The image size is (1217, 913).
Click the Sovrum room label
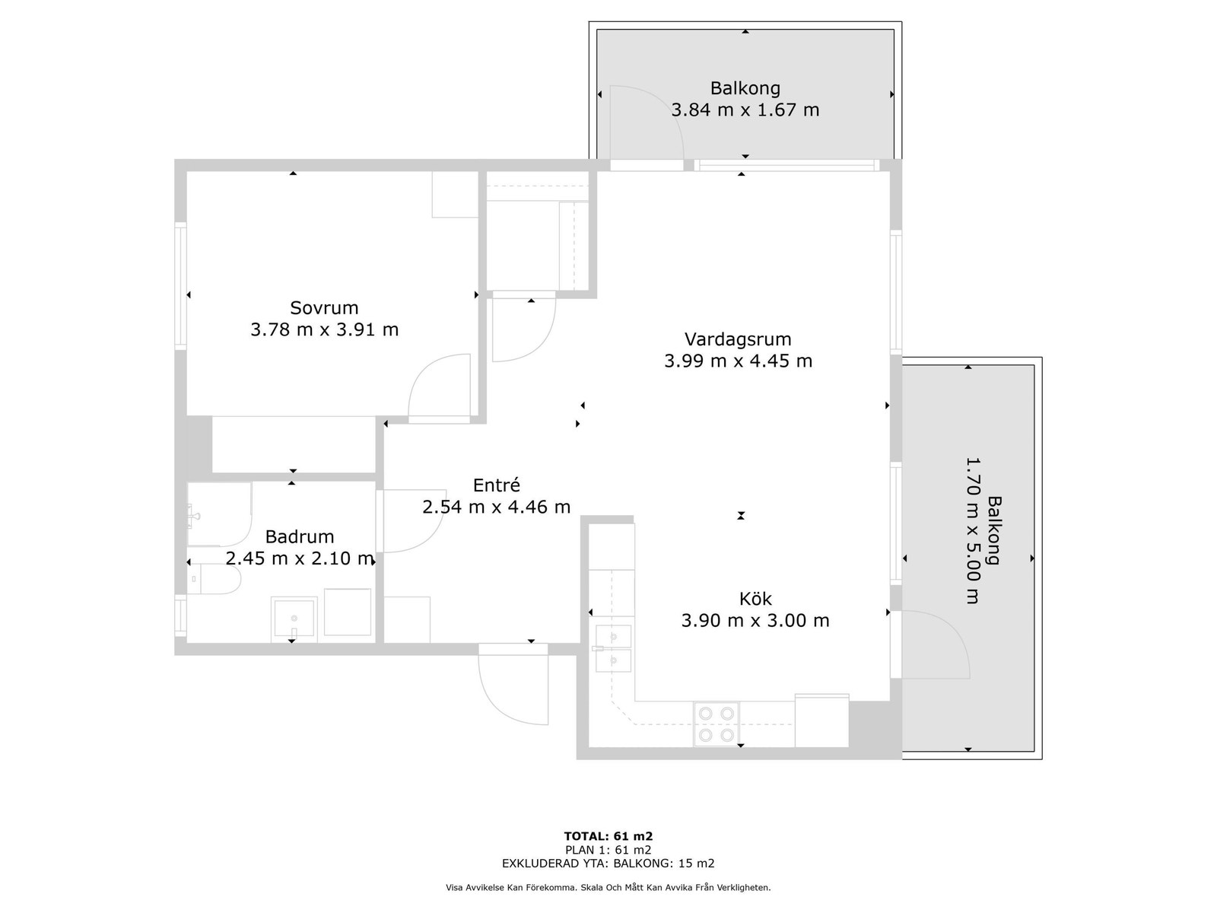tap(324, 307)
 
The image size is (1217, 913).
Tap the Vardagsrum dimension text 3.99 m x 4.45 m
tap(738, 361)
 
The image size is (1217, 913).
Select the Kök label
tap(755, 599)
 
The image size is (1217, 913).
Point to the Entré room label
tap(496, 485)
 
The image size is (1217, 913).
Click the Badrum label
tap(300, 536)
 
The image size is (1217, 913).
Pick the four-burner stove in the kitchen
tap(717, 724)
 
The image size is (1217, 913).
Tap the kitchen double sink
tap(613, 648)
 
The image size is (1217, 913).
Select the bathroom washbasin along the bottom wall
tap(294, 619)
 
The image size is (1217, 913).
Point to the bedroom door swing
tap(439, 388)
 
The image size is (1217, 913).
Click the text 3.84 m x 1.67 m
tap(745, 110)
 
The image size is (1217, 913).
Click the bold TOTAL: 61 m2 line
tap(608, 836)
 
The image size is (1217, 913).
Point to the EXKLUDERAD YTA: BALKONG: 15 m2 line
tap(608, 863)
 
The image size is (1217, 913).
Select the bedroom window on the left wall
tap(181, 286)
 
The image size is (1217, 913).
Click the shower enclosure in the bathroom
tap(220, 514)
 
